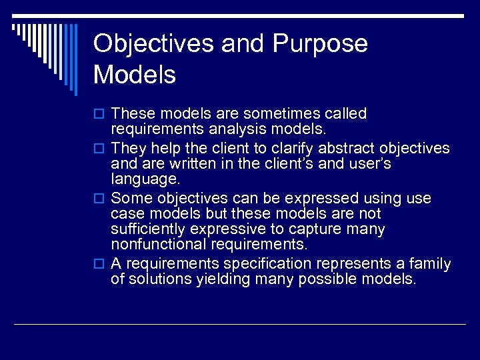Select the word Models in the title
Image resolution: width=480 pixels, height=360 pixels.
135,75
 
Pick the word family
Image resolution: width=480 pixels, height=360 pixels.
429,264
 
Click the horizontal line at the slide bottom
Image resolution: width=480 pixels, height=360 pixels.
240,324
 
